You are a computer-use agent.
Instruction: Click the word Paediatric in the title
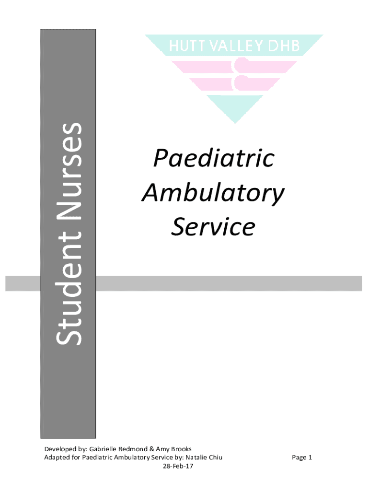213,159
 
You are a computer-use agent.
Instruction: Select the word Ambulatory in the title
213,193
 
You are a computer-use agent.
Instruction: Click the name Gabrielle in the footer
104,449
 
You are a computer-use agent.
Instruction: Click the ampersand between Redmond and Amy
151,449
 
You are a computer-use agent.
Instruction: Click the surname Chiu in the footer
216,457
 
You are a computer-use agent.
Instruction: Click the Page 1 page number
302,457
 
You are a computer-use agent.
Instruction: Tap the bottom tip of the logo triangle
234,122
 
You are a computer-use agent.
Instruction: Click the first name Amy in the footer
162,449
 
